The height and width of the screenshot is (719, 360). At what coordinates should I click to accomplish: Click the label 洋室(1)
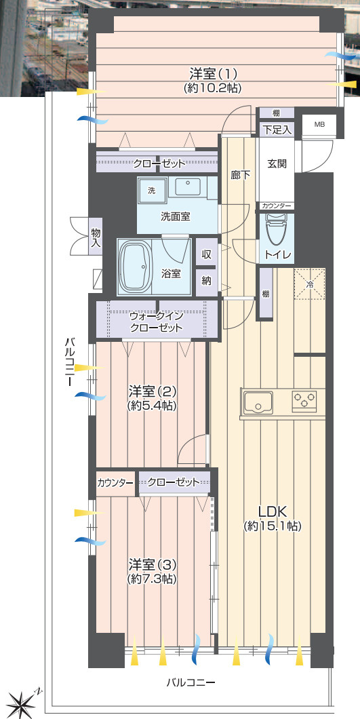(214, 73)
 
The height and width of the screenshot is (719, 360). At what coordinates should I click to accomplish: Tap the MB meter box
(319, 124)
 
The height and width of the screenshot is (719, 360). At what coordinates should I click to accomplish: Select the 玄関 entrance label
(277, 163)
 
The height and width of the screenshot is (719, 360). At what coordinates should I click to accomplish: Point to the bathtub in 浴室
(136, 266)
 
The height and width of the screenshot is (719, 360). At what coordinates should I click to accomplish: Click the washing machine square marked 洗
(152, 191)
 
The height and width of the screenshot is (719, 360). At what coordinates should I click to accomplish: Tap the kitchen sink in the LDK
(259, 402)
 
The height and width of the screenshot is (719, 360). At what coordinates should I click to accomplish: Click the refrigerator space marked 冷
(310, 284)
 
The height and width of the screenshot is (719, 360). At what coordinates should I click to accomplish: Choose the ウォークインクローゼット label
(157, 322)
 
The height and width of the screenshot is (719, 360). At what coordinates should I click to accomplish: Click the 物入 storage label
(96, 239)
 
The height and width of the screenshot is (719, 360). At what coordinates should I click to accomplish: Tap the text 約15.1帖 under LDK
(272, 526)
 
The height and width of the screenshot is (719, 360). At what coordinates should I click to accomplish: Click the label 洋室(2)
(153, 393)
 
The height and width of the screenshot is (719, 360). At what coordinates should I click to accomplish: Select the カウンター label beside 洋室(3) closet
(115, 483)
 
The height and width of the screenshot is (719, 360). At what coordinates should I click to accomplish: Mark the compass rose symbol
(22, 699)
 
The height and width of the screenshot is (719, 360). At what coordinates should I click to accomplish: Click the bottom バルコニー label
(191, 682)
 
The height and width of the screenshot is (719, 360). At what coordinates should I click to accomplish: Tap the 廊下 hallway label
(240, 175)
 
